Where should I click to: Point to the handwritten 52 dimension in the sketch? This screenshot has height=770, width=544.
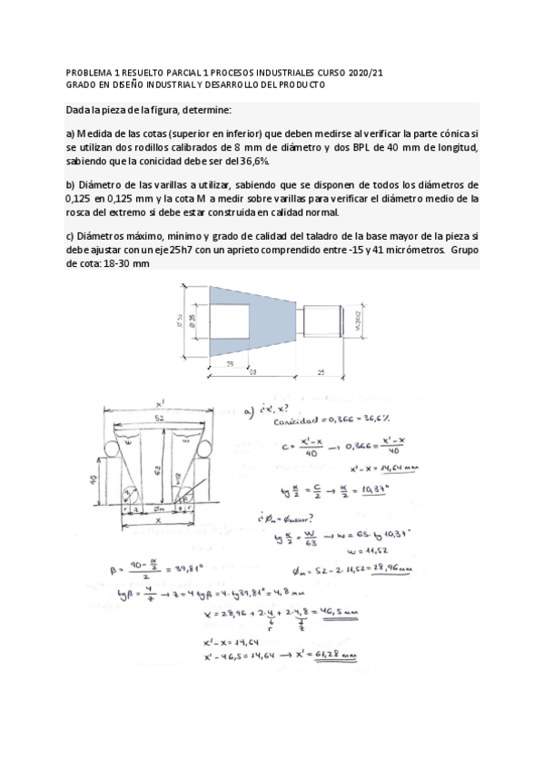[160, 418]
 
